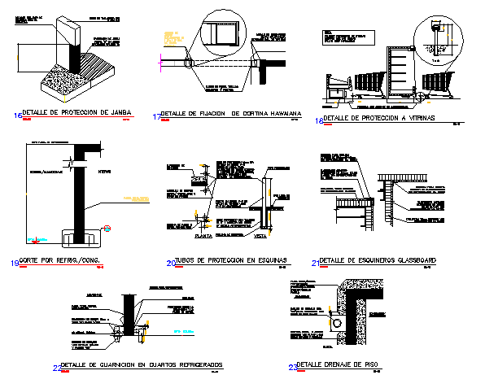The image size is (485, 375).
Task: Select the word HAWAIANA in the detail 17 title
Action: pos(277,114)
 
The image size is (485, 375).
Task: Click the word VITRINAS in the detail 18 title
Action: pos(414,119)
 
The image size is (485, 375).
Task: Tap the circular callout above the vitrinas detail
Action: pos(436,32)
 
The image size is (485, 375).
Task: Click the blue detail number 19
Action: pos(15,262)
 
